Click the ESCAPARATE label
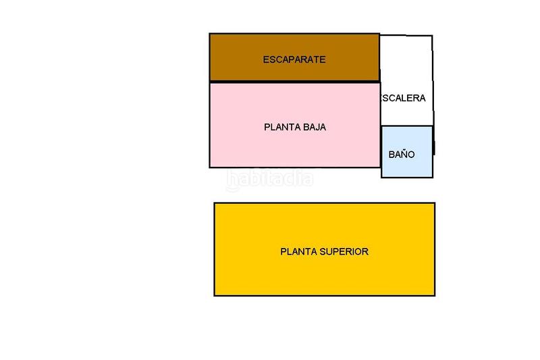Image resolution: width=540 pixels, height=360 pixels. coord(294,59)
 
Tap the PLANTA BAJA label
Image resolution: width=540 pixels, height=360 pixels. coord(295,126)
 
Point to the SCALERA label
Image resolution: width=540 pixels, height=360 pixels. coord(404,98)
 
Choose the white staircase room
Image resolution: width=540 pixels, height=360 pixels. coord(406,61)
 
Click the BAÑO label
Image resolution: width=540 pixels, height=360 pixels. coord(402,155)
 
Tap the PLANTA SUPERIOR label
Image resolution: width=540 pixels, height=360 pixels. coord(324,252)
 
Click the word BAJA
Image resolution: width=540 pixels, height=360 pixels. coord(314,126)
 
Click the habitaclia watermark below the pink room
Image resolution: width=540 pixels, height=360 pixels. coord(269,178)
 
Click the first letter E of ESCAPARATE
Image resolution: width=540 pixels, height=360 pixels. coord(265,59)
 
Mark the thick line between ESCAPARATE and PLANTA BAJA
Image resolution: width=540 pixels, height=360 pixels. coord(294,82)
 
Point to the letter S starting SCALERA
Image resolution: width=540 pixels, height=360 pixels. coord(385,98)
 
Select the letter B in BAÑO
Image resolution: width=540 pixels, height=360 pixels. coord(391,155)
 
